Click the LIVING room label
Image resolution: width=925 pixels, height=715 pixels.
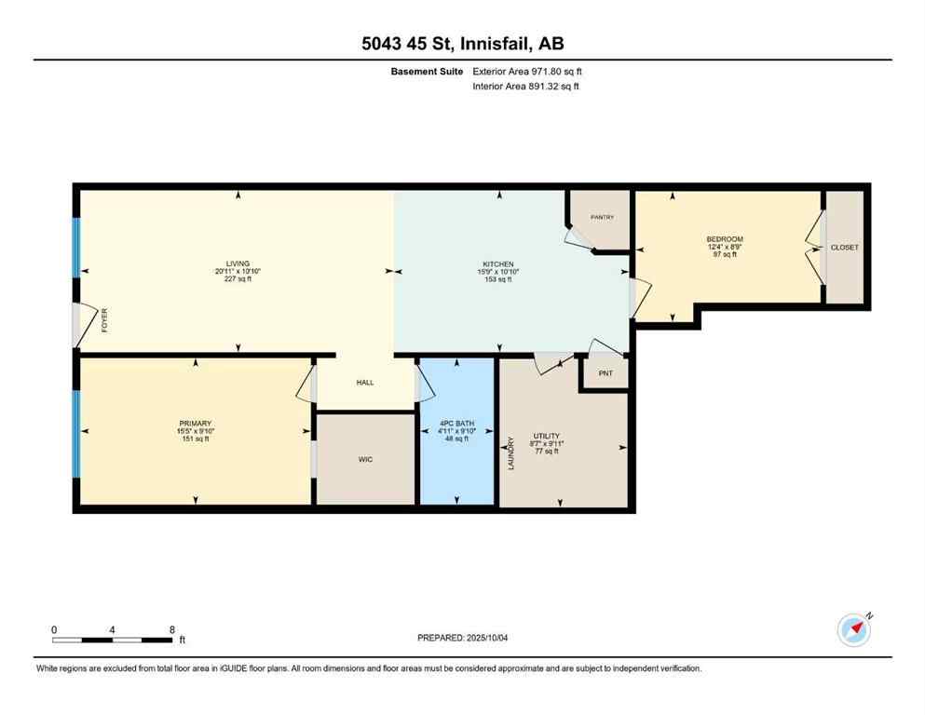click(237, 263)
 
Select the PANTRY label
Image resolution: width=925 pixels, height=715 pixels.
click(602, 217)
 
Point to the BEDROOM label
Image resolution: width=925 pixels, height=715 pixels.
click(724, 239)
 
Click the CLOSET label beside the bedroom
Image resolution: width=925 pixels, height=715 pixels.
click(845, 248)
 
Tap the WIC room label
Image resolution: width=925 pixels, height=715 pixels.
click(365, 459)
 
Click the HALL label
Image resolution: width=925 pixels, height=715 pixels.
click(365, 383)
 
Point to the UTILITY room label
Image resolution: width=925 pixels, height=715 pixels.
click(545, 436)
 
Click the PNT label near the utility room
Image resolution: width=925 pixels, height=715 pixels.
click(604, 374)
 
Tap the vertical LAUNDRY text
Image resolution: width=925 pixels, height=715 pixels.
click(510, 453)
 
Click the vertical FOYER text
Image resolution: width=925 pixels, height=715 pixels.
click(104, 322)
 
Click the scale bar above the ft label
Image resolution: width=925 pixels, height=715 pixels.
click(113, 640)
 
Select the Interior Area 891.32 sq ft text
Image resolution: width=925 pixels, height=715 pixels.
click(525, 87)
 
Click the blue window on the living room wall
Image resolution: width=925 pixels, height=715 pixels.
click(76, 248)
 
